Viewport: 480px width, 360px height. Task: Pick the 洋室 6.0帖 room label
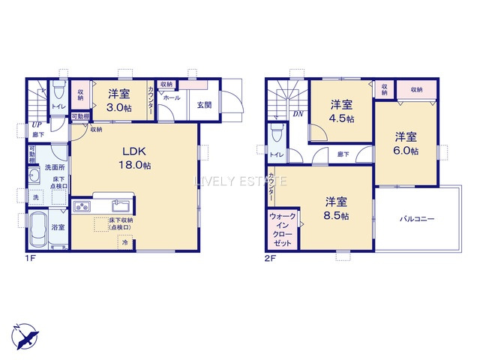406,143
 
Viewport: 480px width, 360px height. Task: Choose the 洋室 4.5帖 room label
343,111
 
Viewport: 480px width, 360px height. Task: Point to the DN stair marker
298,114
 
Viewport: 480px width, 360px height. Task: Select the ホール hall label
170,98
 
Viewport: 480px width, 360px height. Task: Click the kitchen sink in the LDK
120,206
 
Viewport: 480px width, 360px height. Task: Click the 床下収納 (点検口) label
119,223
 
